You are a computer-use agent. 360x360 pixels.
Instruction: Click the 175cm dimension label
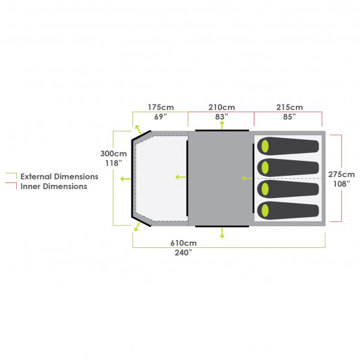point(161,107)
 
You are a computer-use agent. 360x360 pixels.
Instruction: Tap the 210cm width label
point(221,107)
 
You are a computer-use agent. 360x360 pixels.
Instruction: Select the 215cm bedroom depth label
point(289,107)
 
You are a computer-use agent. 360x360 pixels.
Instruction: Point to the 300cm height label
point(113,154)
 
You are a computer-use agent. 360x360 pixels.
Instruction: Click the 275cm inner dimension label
point(341,174)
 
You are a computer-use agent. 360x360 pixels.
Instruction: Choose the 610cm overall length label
point(184,243)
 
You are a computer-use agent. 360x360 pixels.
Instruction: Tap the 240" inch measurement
point(184,253)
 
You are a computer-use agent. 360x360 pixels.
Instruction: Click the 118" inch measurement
point(113,163)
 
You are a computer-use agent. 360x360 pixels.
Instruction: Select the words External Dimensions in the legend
point(59,176)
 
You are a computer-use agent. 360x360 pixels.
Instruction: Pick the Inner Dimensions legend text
point(54,186)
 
